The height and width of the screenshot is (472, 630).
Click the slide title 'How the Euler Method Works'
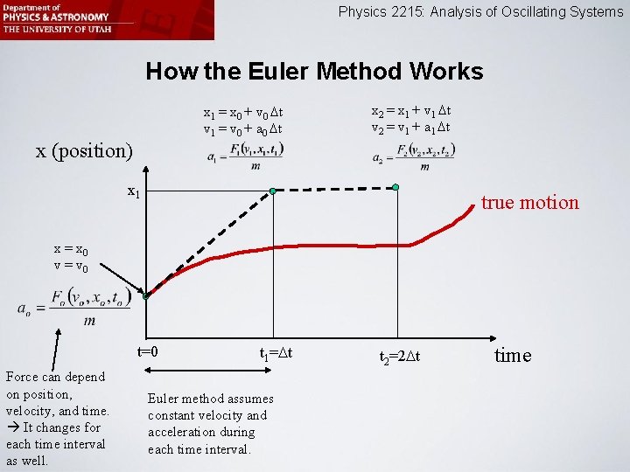tap(314, 71)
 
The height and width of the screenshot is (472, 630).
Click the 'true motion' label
tap(529, 203)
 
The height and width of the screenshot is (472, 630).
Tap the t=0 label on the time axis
tap(147, 351)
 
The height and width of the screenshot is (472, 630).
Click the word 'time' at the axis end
tap(513, 355)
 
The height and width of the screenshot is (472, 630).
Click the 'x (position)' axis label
tap(84, 150)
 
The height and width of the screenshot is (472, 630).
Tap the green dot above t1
tap(273, 191)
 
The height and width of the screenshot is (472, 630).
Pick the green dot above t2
tap(395, 187)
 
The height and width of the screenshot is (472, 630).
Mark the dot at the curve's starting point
tap(146, 296)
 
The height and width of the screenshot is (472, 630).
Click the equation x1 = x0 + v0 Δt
tap(242, 113)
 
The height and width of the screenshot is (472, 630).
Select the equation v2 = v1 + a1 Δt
tap(411, 128)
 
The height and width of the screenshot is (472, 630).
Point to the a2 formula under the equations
tap(413, 158)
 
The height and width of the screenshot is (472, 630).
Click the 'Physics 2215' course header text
tap(480, 12)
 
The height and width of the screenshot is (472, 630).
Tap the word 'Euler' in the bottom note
tap(166, 399)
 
